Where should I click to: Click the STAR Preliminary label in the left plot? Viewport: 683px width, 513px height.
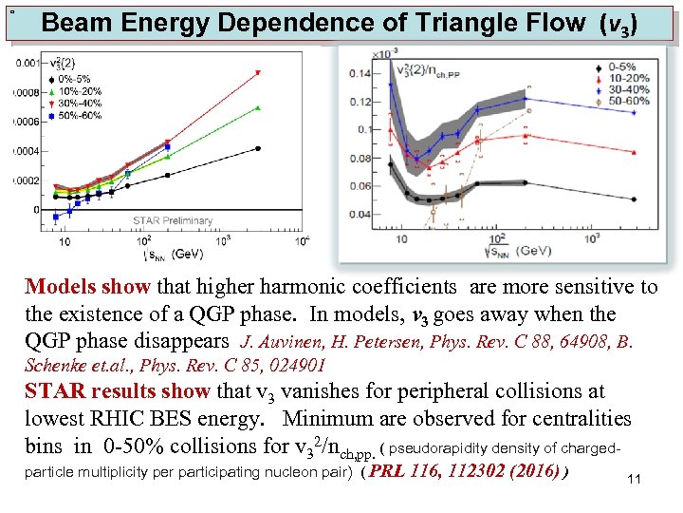pyautogui.click(x=172, y=220)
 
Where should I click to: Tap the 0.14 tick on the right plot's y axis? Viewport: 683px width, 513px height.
pyautogui.click(x=361, y=72)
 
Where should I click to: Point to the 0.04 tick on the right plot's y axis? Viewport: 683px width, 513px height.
pyautogui.click(x=361, y=215)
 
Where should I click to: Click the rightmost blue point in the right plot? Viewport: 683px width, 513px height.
pyautogui.click(x=525, y=97)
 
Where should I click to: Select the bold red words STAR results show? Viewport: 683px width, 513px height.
pyautogui.click(x=117, y=391)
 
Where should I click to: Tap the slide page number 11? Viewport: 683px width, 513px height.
pyautogui.click(x=635, y=480)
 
